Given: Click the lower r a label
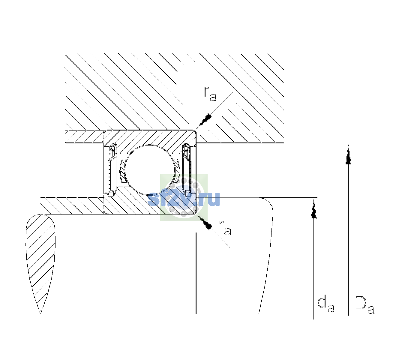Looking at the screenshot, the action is (x=225, y=228).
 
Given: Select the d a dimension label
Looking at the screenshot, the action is (x=326, y=304).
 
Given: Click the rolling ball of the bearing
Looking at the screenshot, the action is (x=150, y=170).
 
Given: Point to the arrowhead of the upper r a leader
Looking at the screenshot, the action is (x=204, y=121).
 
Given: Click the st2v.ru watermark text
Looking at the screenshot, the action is (x=184, y=199).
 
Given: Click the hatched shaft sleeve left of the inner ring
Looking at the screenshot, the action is (x=72, y=206).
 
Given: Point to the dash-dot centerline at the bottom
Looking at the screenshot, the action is (x=151, y=314).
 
